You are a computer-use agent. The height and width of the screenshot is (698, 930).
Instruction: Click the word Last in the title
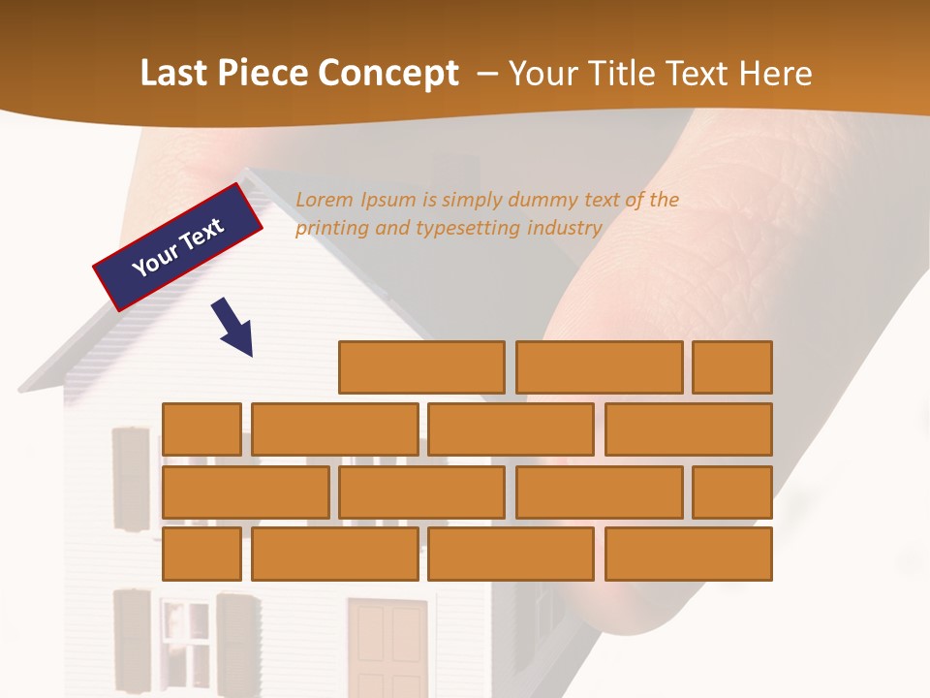tap(176, 74)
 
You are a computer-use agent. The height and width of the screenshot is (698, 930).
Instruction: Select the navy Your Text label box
tap(178, 247)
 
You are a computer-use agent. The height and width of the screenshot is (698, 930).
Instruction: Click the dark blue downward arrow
tap(233, 328)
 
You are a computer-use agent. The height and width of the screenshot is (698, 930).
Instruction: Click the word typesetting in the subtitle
tap(469, 229)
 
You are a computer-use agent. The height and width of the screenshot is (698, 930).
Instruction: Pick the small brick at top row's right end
tap(732, 366)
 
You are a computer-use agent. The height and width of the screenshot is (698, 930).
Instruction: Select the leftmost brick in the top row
tap(421, 366)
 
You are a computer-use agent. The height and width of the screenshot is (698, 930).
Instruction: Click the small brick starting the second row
tap(201, 428)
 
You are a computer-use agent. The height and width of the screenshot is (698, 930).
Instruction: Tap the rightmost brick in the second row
tap(689, 428)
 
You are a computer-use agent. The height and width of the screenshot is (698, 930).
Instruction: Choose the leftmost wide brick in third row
tap(245, 492)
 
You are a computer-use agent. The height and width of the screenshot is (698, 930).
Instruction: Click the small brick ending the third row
tap(732, 492)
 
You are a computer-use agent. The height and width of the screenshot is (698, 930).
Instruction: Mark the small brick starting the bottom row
tap(201, 554)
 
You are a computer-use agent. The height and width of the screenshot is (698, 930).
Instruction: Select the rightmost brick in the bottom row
tap(689, 554)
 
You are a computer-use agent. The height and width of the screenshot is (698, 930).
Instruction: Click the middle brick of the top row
tap(599, 366)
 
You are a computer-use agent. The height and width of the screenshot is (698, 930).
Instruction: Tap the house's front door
tap(387, 647)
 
